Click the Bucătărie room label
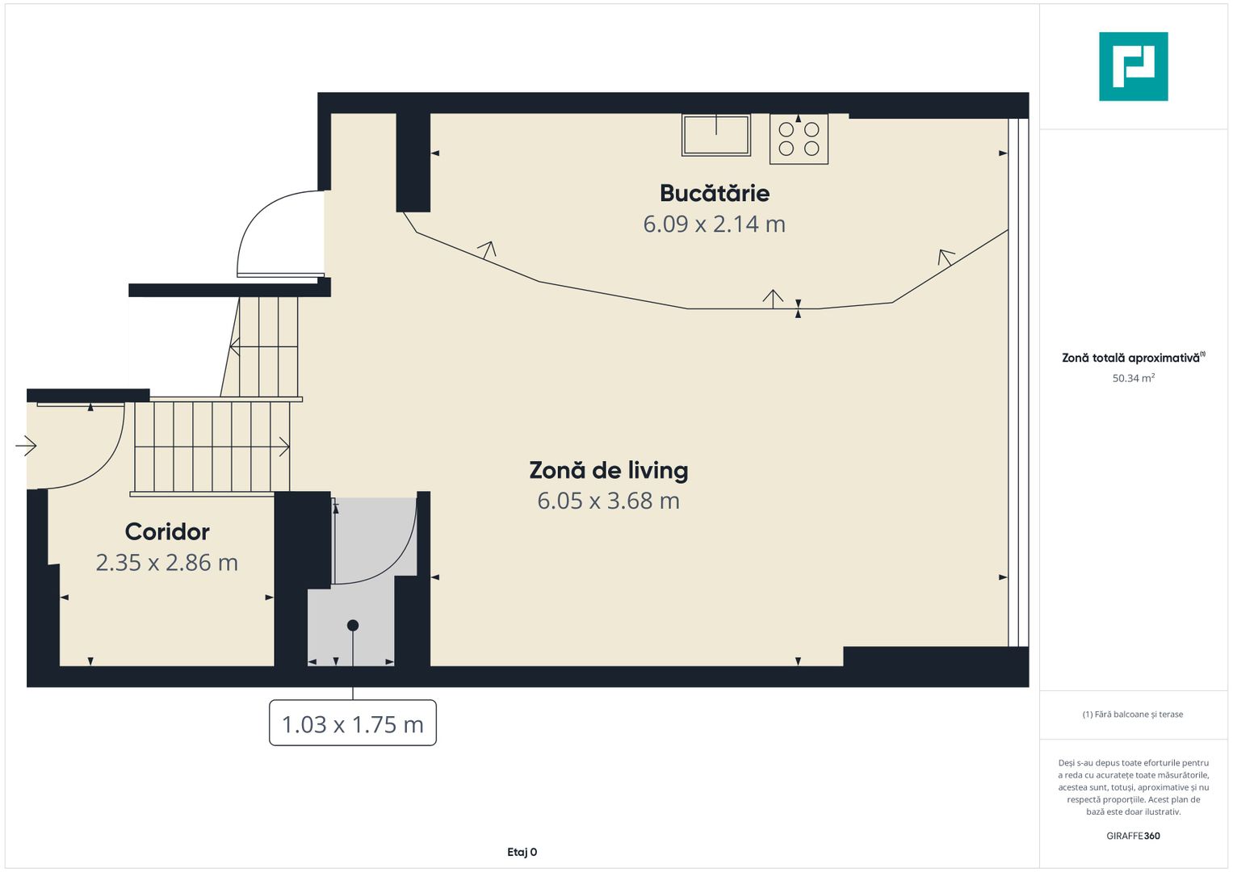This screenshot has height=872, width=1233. coord(714,193)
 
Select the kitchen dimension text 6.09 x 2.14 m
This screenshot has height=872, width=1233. coord(714,224)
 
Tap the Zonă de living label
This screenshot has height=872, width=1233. coord(608,470)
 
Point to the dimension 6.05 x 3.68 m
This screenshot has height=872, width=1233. coord(608,501)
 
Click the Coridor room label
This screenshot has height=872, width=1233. coord(167,531)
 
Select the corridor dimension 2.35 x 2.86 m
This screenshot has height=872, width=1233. coord(167,562)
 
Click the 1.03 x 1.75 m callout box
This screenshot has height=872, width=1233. coord(352,723)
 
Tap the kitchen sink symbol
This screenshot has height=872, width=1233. coord(716,135)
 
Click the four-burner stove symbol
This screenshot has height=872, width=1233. coord(799,140)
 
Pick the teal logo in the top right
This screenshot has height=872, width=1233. coord(1133,66)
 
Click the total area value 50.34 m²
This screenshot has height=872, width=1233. coord(1133,378)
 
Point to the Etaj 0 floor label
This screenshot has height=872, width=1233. coord(522,852)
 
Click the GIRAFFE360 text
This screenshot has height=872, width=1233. coord(1133,836)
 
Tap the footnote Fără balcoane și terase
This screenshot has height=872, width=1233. coord(1133,715)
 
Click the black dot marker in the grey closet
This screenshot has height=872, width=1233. coord(353,625)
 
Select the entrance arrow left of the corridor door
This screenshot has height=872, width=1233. coord(26,445)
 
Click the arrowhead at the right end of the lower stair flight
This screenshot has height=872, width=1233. coord(284,446)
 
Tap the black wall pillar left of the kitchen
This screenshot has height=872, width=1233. coord(413,161)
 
